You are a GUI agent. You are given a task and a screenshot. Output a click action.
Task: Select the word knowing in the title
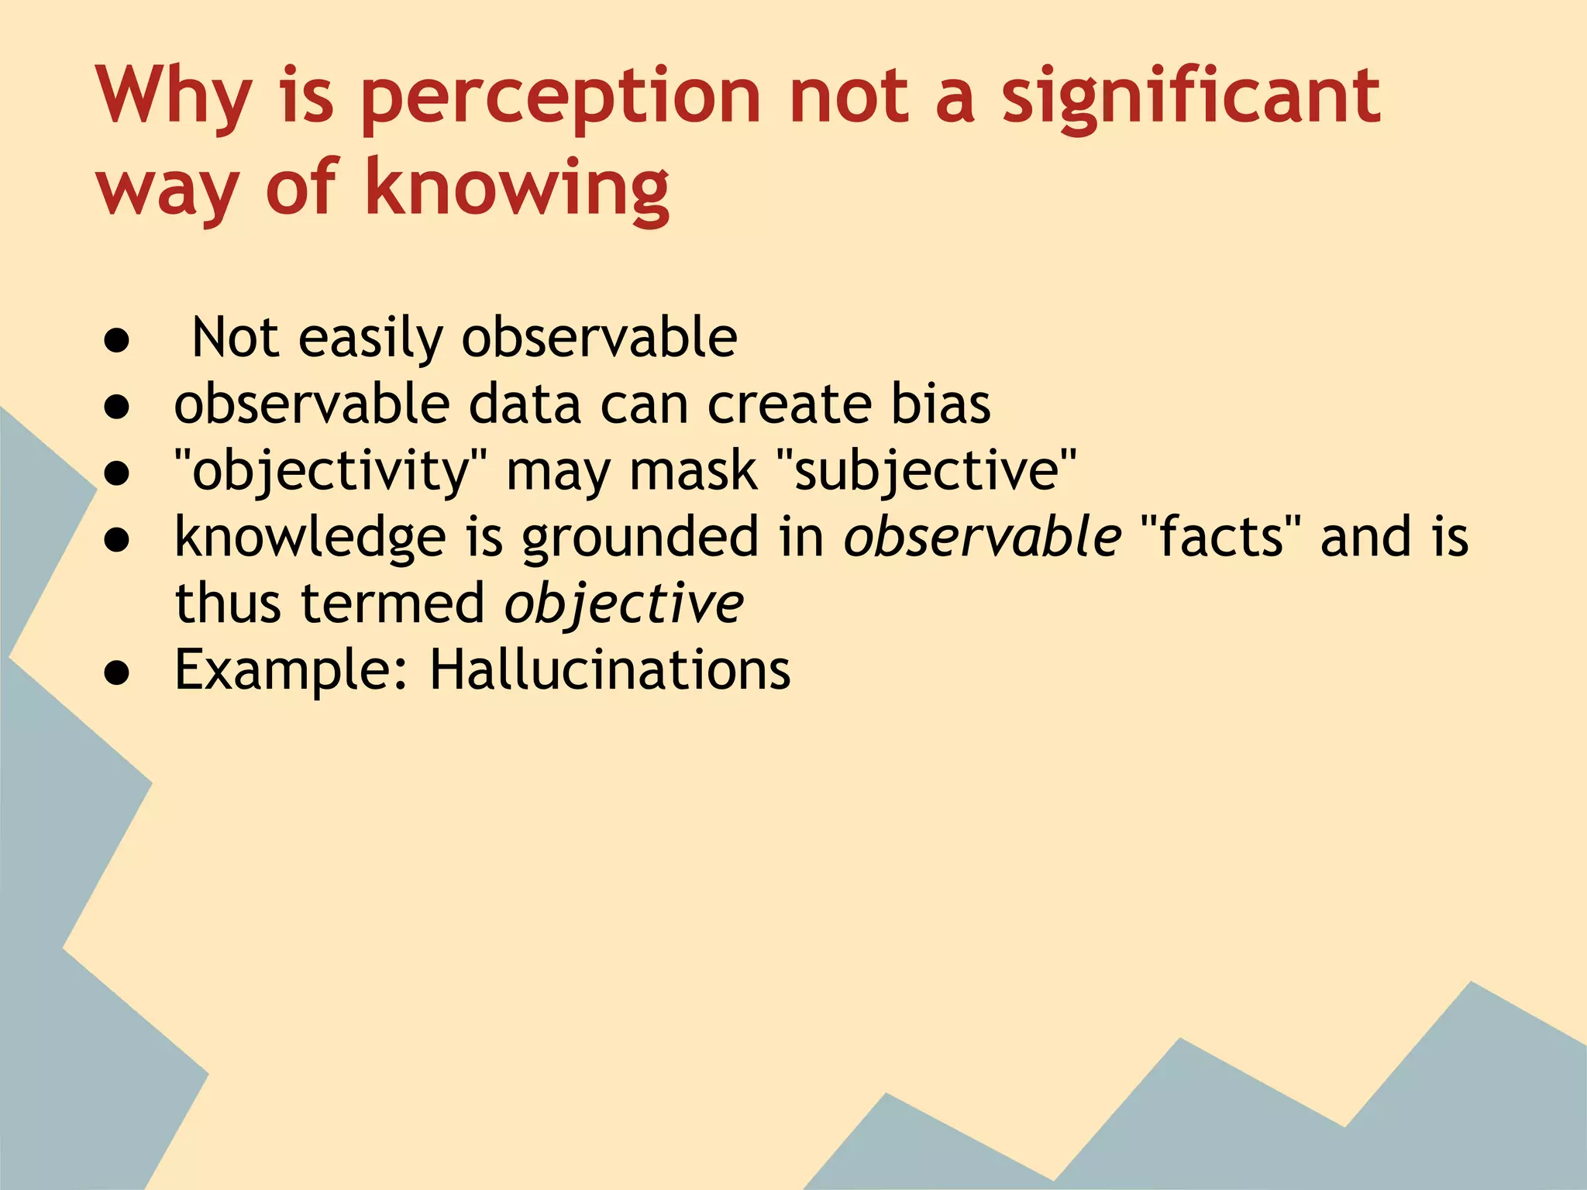517,189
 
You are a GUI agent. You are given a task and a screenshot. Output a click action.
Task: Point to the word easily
370,339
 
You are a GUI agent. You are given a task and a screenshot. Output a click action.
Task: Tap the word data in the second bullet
525,404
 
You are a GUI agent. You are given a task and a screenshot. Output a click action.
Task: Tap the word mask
693,471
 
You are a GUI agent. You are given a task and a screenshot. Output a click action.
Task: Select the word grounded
640,538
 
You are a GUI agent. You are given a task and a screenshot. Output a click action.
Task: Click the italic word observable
982,536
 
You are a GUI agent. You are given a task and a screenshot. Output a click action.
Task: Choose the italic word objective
624,604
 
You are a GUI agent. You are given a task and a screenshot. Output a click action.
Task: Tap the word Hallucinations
610,669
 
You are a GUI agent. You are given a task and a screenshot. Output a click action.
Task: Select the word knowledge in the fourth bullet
310,538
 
